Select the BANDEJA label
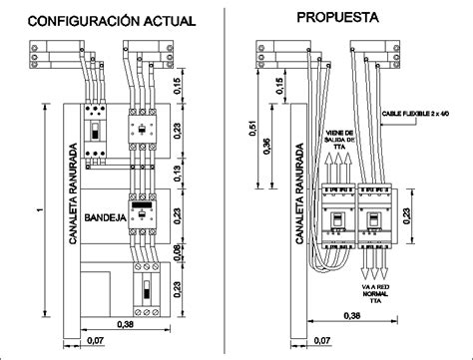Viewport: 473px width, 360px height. pos(104,215)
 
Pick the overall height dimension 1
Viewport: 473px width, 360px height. pos(37,208)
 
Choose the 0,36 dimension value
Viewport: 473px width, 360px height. pos(265,147)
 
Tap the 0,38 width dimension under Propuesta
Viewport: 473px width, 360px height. pos(351,317)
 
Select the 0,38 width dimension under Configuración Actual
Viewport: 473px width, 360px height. pos(124,324)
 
